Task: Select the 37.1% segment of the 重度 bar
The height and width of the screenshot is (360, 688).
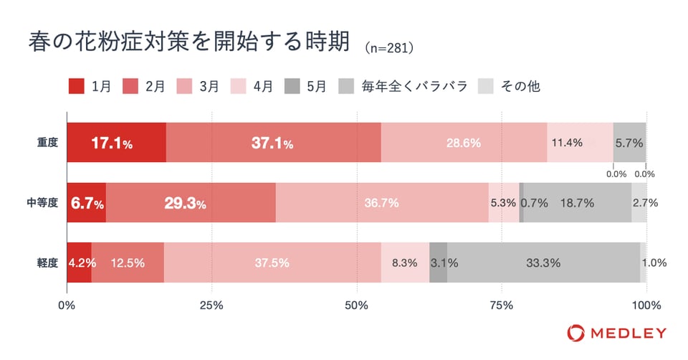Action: [x=273, y=143]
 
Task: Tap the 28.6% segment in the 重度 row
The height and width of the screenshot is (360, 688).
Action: [x=464, y=143]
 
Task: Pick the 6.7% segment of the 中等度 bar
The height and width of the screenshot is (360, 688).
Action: [x=86, y=203]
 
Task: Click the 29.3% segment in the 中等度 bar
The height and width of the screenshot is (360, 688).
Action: [x=191, y=203]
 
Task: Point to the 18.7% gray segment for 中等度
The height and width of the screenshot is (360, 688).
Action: [x=577, y=203]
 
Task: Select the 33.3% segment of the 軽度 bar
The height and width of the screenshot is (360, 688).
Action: [x=543, y=262]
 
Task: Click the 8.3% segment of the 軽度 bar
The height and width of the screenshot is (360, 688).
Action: [x=405, y=262]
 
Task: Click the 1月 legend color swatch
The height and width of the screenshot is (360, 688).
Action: [x=77, y=87]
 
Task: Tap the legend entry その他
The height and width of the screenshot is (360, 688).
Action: [x=520, y=87]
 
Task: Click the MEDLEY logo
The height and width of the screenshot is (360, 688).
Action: [x=616, y=333]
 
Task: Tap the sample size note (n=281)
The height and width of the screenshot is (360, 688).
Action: [x=390, y=48]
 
